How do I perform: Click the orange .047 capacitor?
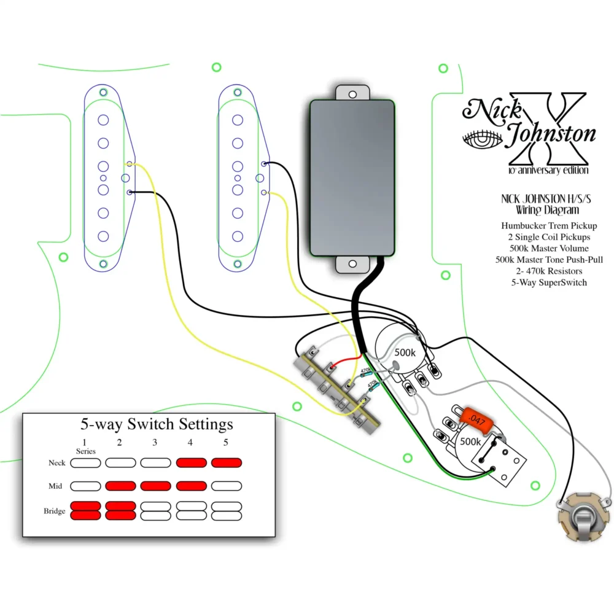point(476,421)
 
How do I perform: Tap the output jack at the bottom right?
point(584,518)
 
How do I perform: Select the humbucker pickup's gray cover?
point(352,178)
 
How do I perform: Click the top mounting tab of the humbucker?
point(352,93)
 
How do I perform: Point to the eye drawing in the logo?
point(483,139)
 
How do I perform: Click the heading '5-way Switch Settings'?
point(157,424)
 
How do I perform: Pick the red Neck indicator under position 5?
point(227,463)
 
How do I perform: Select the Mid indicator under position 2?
point(120,486)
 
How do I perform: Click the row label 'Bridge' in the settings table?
point(55,511)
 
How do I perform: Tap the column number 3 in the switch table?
point(155,443)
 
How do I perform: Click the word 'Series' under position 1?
point(86,451)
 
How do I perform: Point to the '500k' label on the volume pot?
point(405,353)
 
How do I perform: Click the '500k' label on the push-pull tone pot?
point(470,441)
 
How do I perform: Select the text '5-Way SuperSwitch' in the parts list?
point(549,282)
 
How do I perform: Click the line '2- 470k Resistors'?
point(549,271)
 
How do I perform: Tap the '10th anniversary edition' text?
point(548,170)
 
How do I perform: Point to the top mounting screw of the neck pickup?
point(103,93)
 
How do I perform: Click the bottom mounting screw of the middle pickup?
point(238,264)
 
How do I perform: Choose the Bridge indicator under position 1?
point(85,511)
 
